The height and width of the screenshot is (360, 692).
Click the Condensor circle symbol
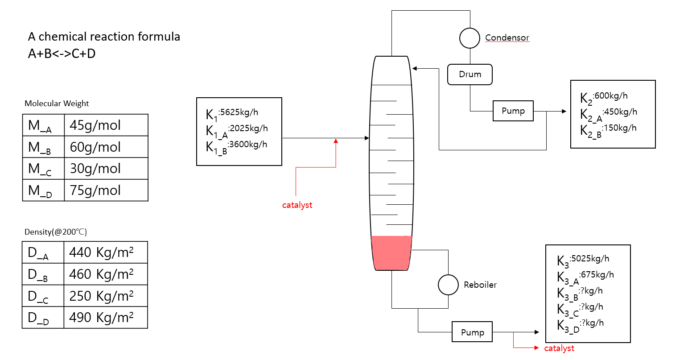tap(470, 38)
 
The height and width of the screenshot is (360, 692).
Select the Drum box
tap(470, 74)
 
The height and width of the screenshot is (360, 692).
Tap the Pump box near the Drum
tap(513, 111)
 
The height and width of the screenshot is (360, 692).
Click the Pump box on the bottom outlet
tap(472, 332)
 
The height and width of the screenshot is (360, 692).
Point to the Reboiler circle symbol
tap(448, 285)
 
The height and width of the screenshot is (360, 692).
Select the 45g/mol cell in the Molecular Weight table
tap(106, 125)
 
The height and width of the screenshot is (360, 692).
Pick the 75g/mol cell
tap(106, 190)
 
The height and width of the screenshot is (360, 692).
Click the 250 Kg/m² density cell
tap(105, 296)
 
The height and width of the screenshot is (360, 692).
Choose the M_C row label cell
tap(43, 169)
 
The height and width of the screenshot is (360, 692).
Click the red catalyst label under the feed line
tap(297, 205)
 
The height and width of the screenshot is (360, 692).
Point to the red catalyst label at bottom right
tap(559, 348)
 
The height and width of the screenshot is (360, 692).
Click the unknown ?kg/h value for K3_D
tap(592, 323)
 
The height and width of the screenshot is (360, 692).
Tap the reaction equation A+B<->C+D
tap(62, 54)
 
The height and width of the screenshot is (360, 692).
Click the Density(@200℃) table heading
tap(56, 232)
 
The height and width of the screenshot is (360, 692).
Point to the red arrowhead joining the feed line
tap(336, 141)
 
